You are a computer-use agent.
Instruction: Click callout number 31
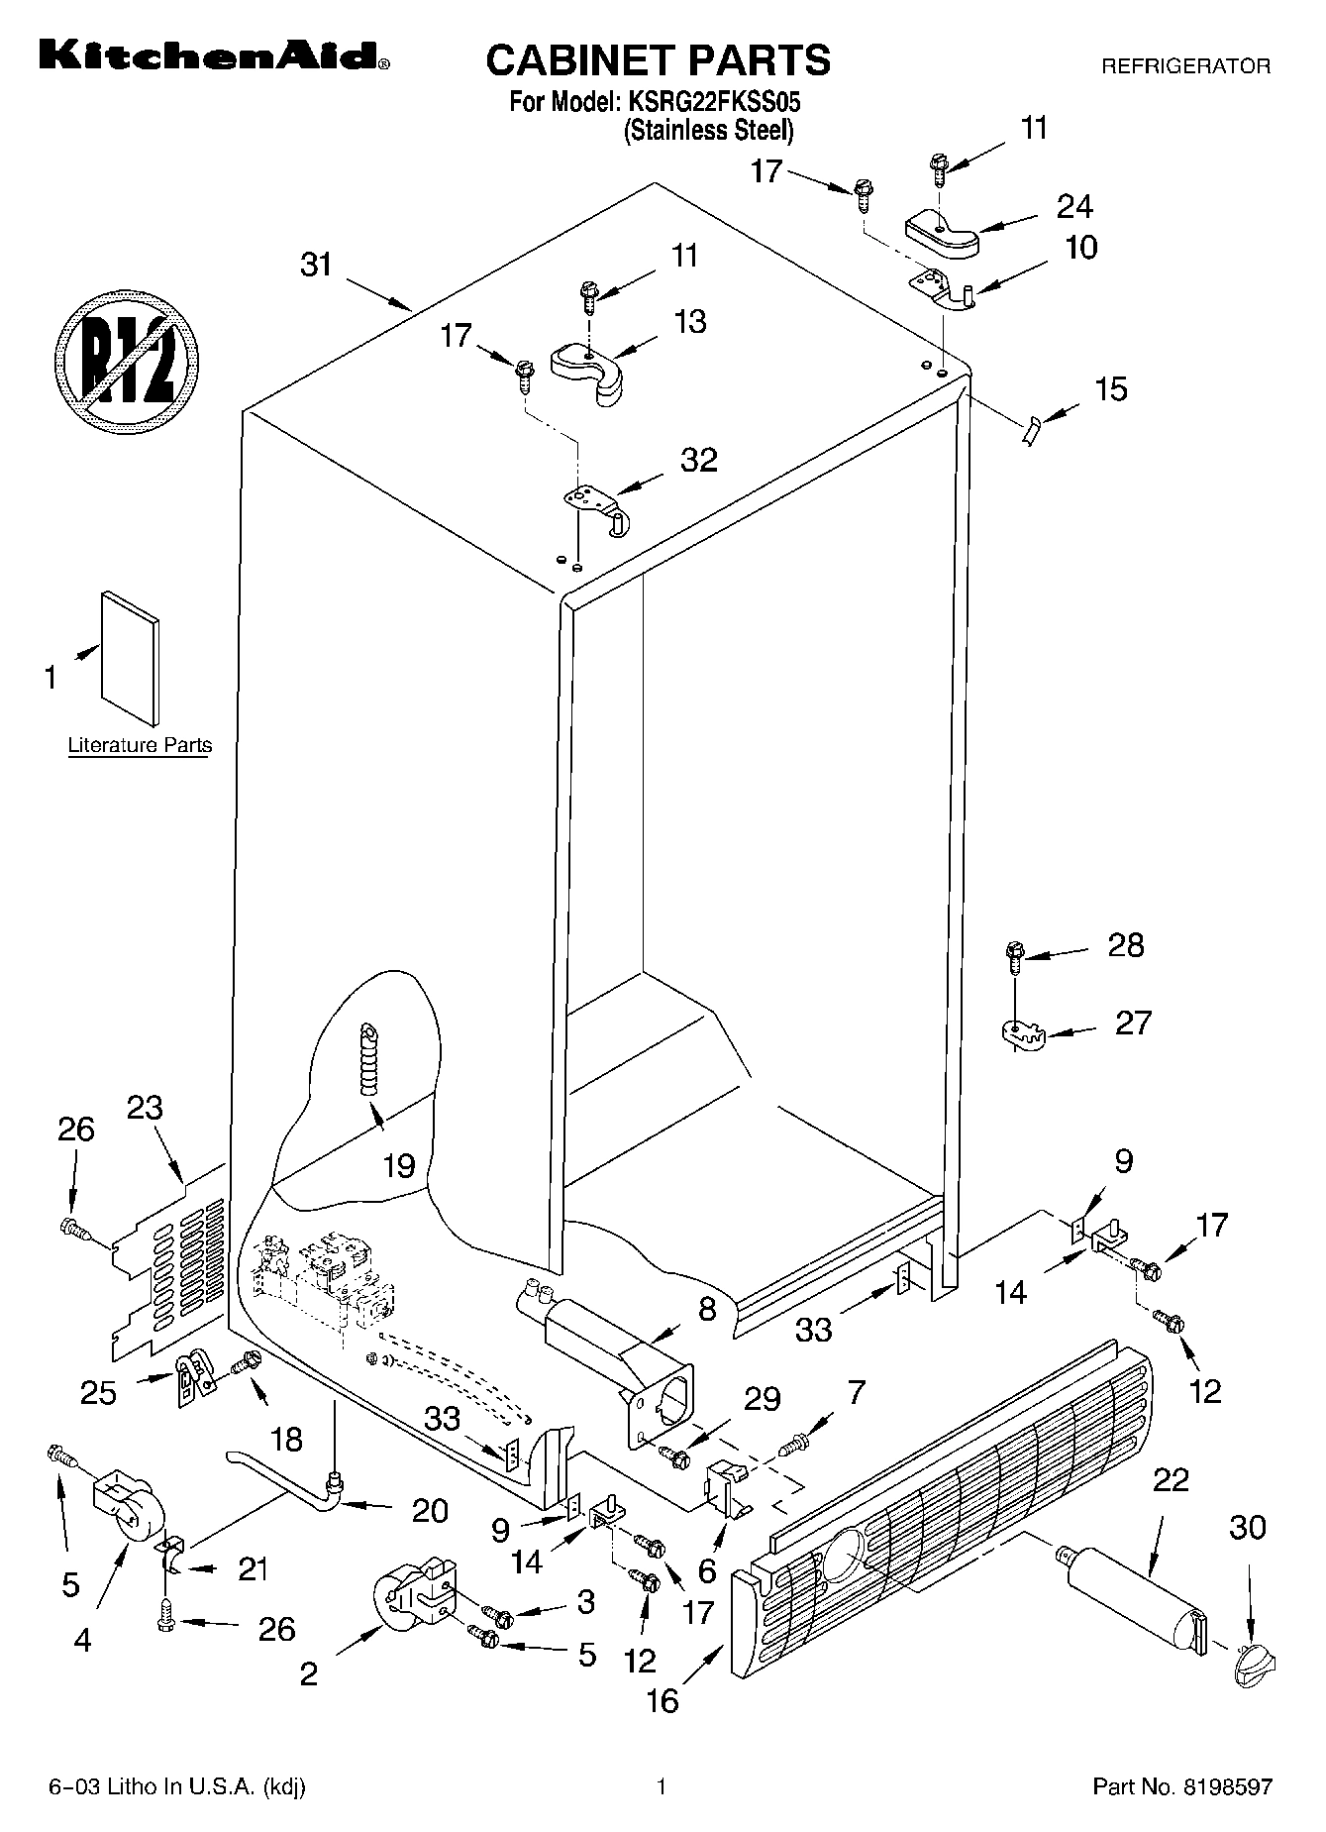click(316, 266)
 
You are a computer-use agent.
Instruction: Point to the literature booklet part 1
click(130, 658)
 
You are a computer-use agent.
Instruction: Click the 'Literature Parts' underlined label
click(140, 745)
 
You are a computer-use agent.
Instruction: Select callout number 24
click(1073, 206)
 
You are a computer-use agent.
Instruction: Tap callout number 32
click(698, 460)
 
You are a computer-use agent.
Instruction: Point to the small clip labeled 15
click(1032, 431)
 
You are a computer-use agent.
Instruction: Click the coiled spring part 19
click(369, 1060)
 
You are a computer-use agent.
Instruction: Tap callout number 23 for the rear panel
click(145, 1107)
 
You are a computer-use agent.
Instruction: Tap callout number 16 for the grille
click(663, 1701)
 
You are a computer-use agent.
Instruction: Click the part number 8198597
click(1225, 1786)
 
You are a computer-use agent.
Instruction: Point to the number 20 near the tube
click(430, 1510)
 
